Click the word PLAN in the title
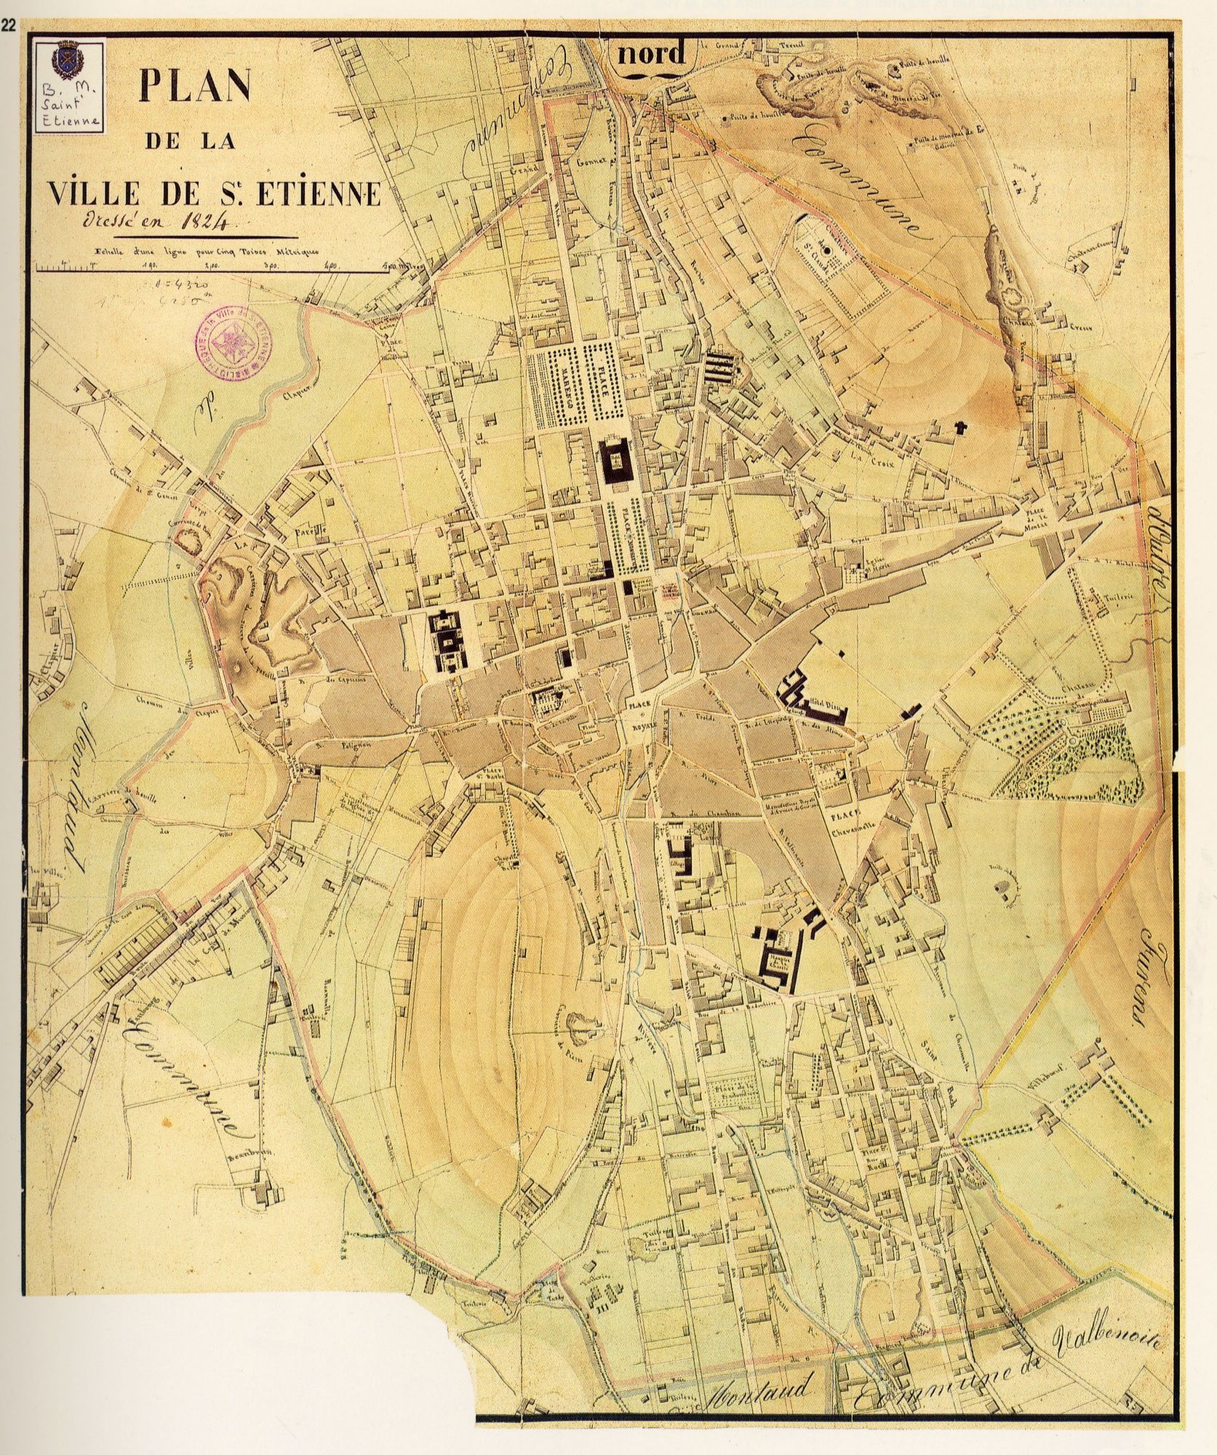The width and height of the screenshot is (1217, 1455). [x=194, y=87]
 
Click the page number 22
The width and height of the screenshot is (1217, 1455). [x=9, y=9]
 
